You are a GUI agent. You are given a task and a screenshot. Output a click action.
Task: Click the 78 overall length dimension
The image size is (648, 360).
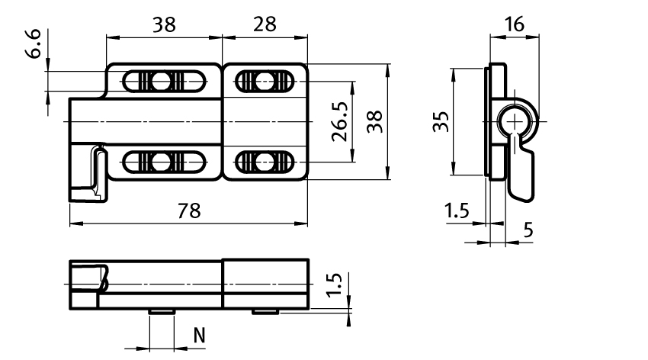(189, 212)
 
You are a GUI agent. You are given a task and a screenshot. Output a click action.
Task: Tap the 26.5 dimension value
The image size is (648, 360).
(340, 121)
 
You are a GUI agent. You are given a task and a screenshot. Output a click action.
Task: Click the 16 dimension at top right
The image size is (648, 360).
(515, 25)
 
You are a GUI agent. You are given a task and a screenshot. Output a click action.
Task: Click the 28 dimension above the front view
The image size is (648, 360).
(265, 25)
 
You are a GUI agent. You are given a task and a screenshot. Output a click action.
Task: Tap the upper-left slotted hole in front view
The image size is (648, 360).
(162, 81)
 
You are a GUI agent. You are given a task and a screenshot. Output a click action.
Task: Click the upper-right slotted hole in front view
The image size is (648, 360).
(264, 81)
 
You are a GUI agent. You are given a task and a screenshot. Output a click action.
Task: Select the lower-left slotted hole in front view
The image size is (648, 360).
(162, 162)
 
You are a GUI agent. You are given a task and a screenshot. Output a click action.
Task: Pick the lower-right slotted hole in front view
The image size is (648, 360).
(264, 162)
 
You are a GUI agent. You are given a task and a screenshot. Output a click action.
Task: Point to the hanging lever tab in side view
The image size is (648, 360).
(521, 172)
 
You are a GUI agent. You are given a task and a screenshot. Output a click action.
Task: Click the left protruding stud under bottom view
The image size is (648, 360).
(162, 311)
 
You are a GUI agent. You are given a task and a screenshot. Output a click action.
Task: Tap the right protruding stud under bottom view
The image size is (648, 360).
(265, 311)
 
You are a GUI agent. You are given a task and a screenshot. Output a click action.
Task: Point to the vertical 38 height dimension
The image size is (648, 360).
(374, 121)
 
